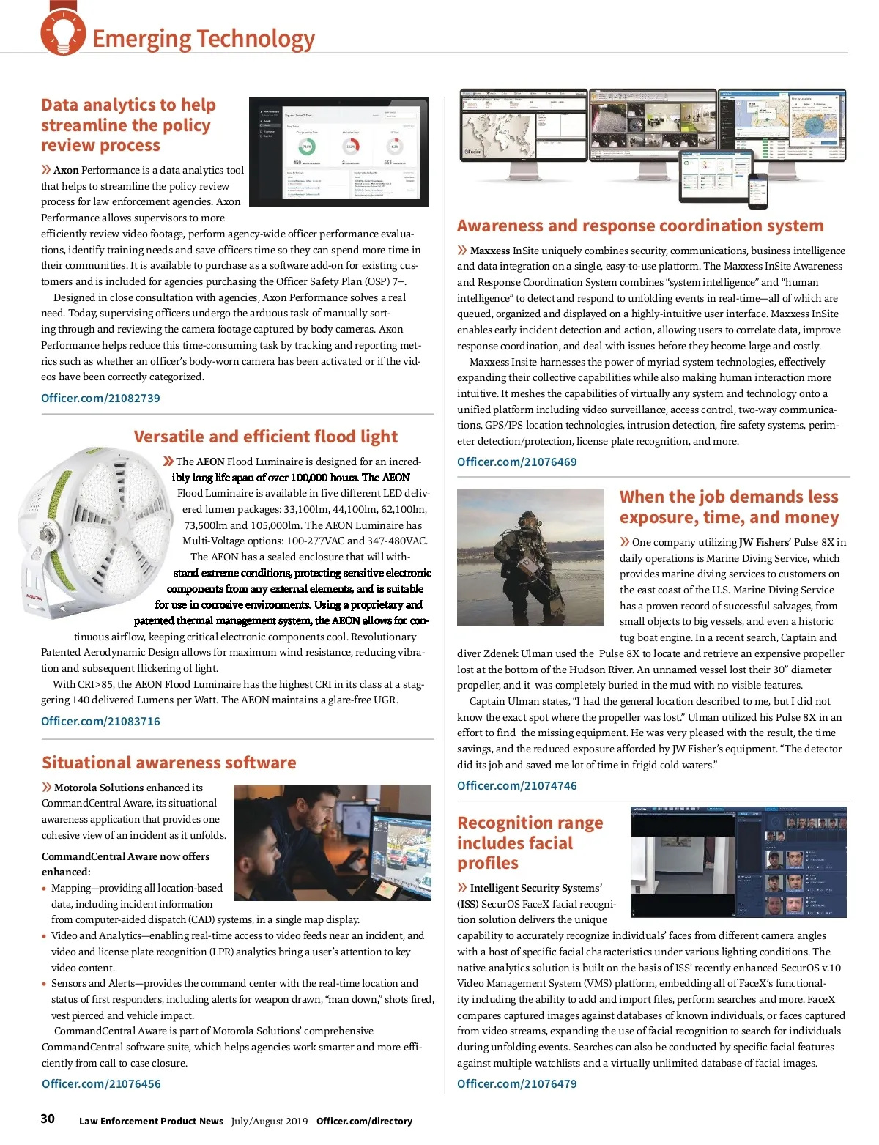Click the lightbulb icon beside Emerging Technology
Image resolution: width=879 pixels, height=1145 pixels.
coord(63,32)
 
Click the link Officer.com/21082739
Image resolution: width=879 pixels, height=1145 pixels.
coord(100,398)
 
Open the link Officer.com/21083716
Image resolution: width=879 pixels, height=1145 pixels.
coord(100,721)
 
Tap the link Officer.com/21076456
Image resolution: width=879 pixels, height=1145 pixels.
coord(101,1083)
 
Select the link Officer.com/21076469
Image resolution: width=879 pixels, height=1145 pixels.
coord(516,462)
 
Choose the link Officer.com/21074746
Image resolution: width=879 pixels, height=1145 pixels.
coord(516,785)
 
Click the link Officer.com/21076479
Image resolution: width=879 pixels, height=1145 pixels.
coord(516,1083)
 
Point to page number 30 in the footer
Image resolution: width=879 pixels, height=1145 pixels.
coord(48,1119)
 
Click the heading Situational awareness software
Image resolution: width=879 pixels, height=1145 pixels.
coord(168,763)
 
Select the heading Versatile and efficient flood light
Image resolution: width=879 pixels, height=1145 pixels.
coord(265,437)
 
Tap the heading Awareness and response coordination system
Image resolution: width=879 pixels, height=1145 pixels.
coord(640,226)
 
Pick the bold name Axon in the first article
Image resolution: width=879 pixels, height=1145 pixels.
coord(66,170)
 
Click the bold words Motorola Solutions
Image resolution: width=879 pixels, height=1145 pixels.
coord(99,788)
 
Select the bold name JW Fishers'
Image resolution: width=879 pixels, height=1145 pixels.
coord(765,542)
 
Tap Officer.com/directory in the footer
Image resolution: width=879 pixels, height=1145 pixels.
coord(364,1121)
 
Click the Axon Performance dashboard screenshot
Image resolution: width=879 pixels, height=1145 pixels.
coord(338,152)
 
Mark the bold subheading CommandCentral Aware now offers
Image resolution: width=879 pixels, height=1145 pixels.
coord(125,856)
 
